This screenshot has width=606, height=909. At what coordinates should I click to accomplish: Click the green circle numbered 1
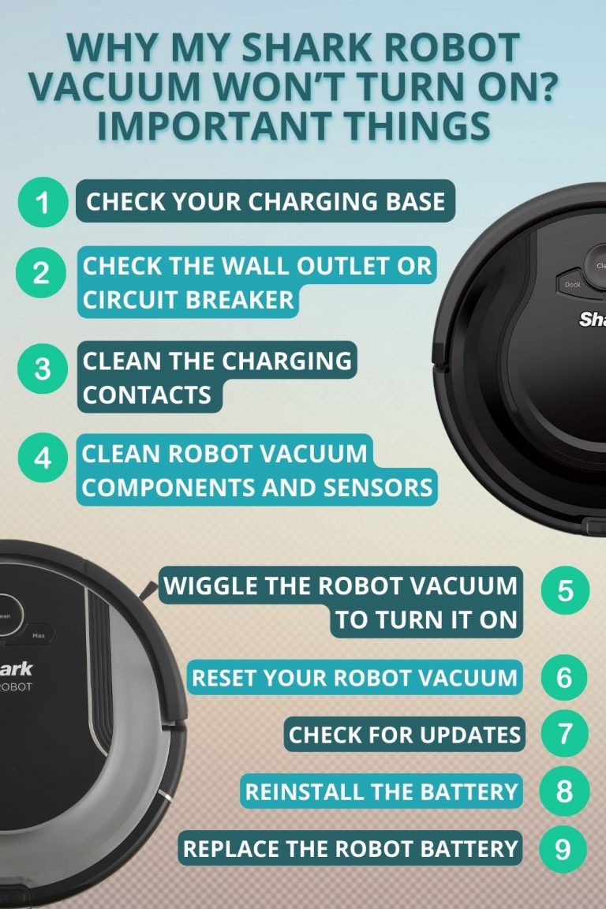click(x=42, y=203)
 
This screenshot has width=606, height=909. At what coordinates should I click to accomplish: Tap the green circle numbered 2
click(x=42, y=275)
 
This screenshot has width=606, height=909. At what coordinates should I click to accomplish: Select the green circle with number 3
click(x=42, y=369)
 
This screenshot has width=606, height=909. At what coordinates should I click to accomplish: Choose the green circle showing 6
click(x=565, y=678)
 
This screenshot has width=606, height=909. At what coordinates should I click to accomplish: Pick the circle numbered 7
click(x=565, y=735)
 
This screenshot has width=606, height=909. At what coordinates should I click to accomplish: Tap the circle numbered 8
click(x=565, y=791)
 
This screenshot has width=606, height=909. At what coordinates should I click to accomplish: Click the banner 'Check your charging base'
click(x=265, y=202)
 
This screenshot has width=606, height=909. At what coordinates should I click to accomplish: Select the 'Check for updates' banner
click(x=404, y=735)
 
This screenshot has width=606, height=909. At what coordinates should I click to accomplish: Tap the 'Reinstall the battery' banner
click(x=381, y=791)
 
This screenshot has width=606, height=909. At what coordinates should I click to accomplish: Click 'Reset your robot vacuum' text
click(x=354, y=677)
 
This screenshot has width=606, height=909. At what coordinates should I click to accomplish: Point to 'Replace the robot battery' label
click(x=350, y=849)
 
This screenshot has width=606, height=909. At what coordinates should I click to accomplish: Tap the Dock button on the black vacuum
click(x=572, y=284)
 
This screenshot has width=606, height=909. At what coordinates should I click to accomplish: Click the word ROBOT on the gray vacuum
click(x=17, y=687)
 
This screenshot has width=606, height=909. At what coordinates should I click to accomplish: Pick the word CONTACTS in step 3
click(x=148, y=395)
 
